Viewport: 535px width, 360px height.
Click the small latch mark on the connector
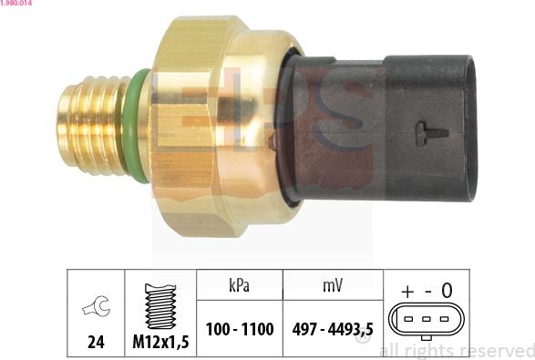point(431,133)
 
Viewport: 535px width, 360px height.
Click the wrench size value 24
point(96,344)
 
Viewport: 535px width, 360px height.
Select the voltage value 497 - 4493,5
point(332,329)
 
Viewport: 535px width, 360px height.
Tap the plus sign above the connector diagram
point(406,291)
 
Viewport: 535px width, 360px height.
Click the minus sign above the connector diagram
point(427,291)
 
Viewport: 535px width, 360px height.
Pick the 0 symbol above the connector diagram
point(447,291)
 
